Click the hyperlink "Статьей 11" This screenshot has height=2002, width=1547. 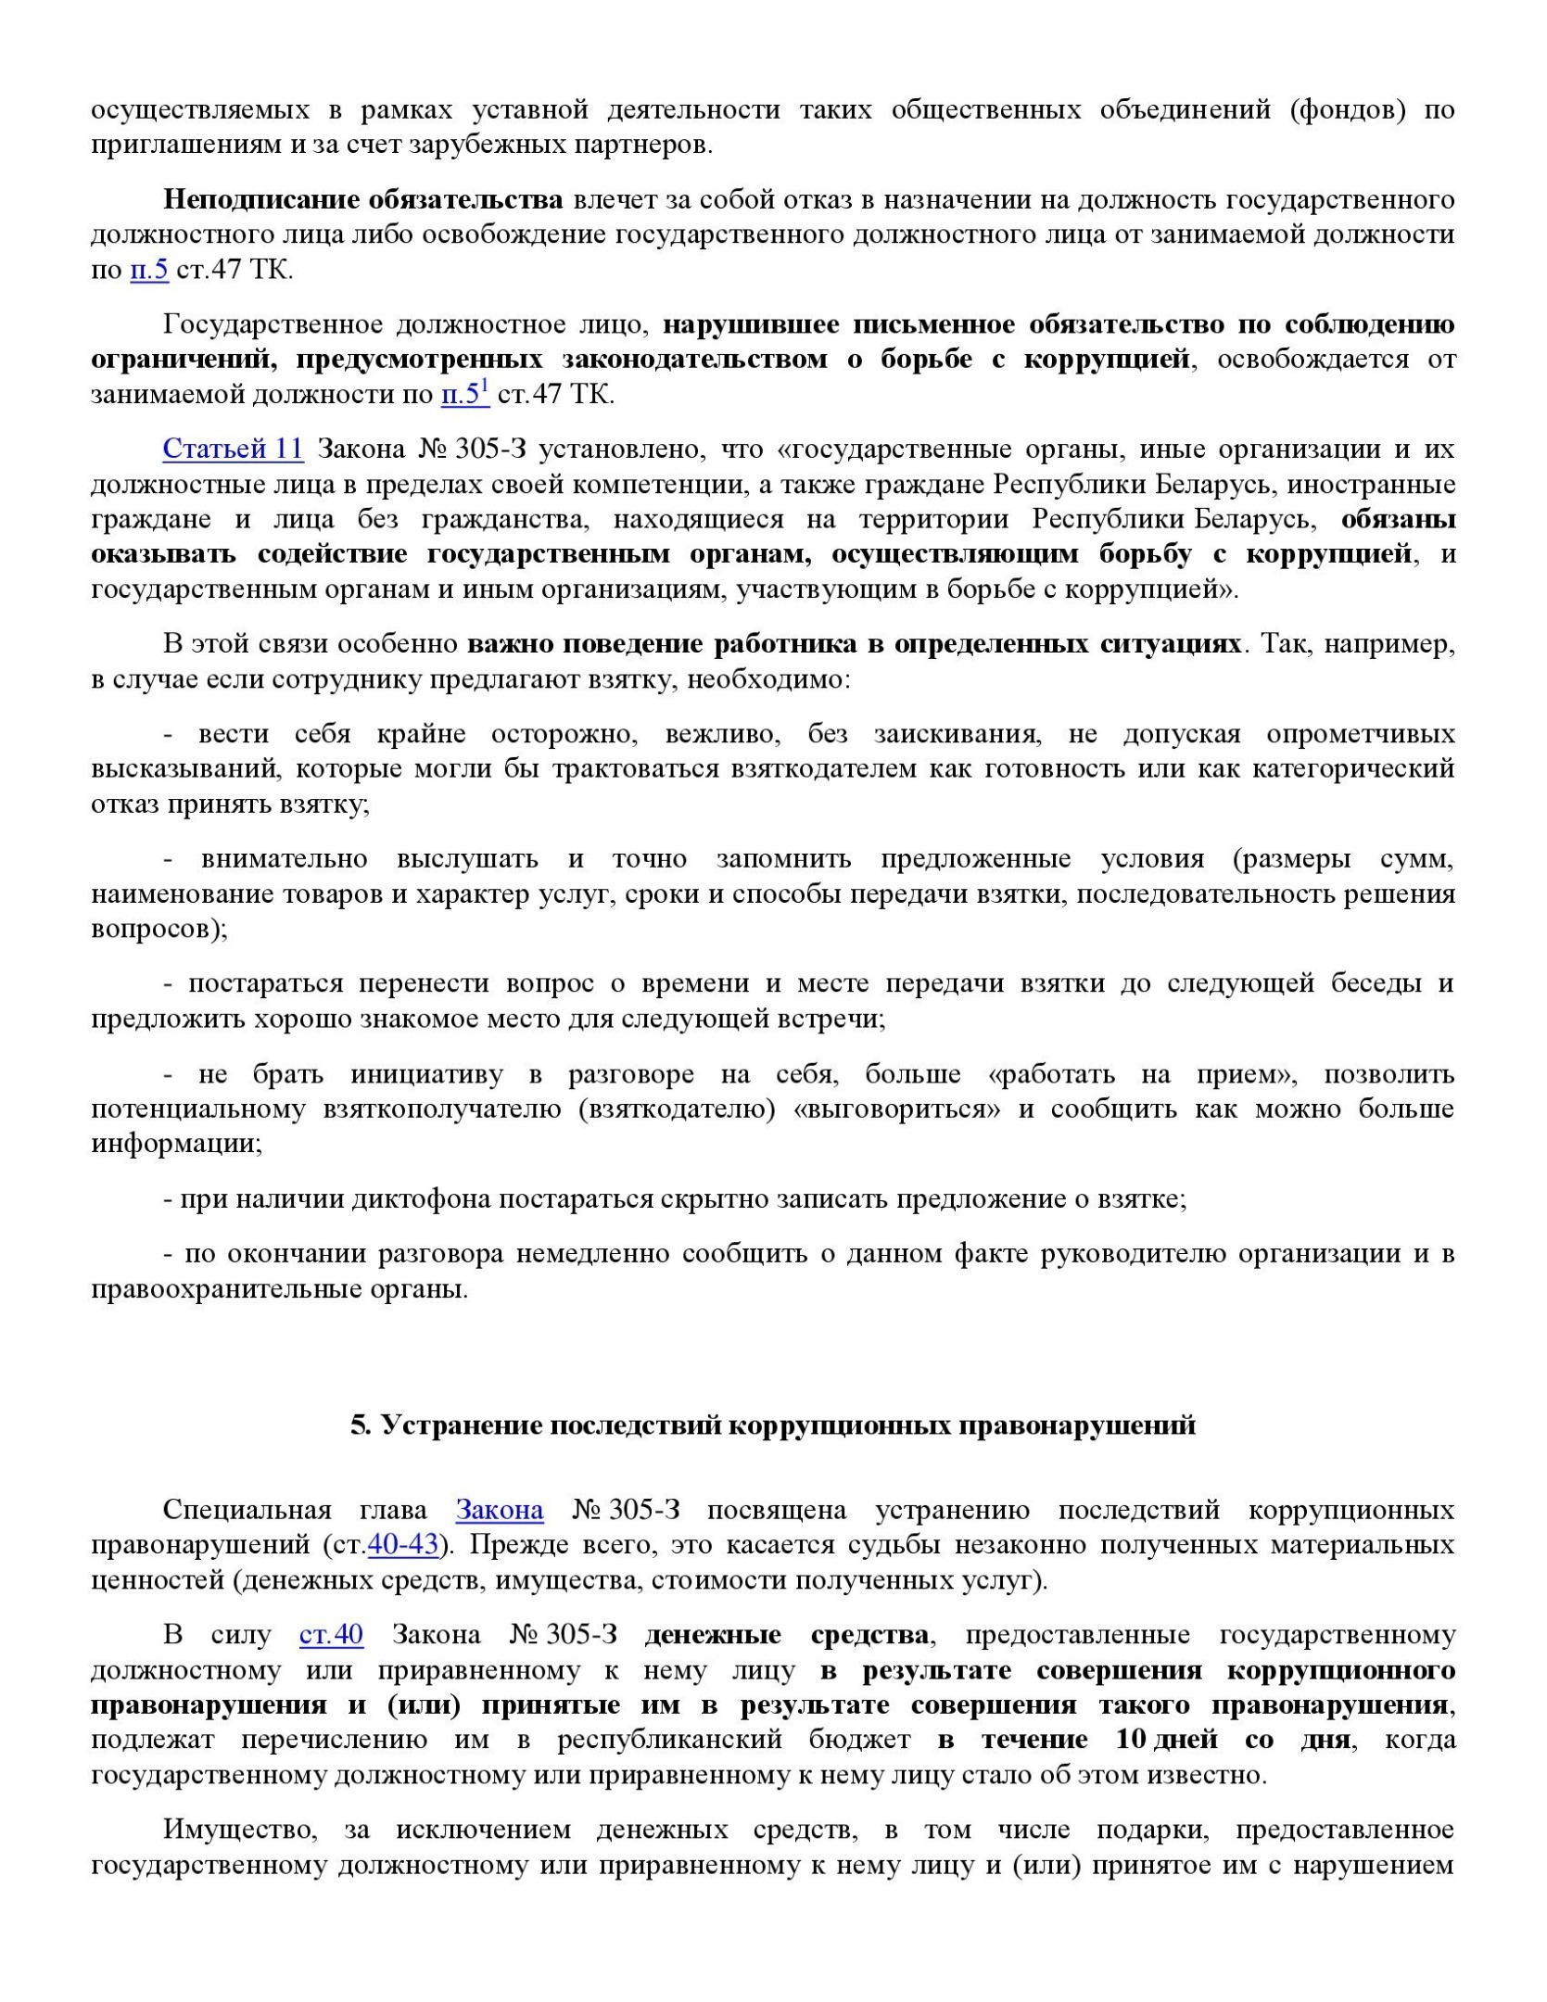(x=233, y=449)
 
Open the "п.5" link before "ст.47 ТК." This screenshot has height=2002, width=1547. (x=148, y=270)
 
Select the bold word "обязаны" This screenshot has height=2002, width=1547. (x=1398, y=519)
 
